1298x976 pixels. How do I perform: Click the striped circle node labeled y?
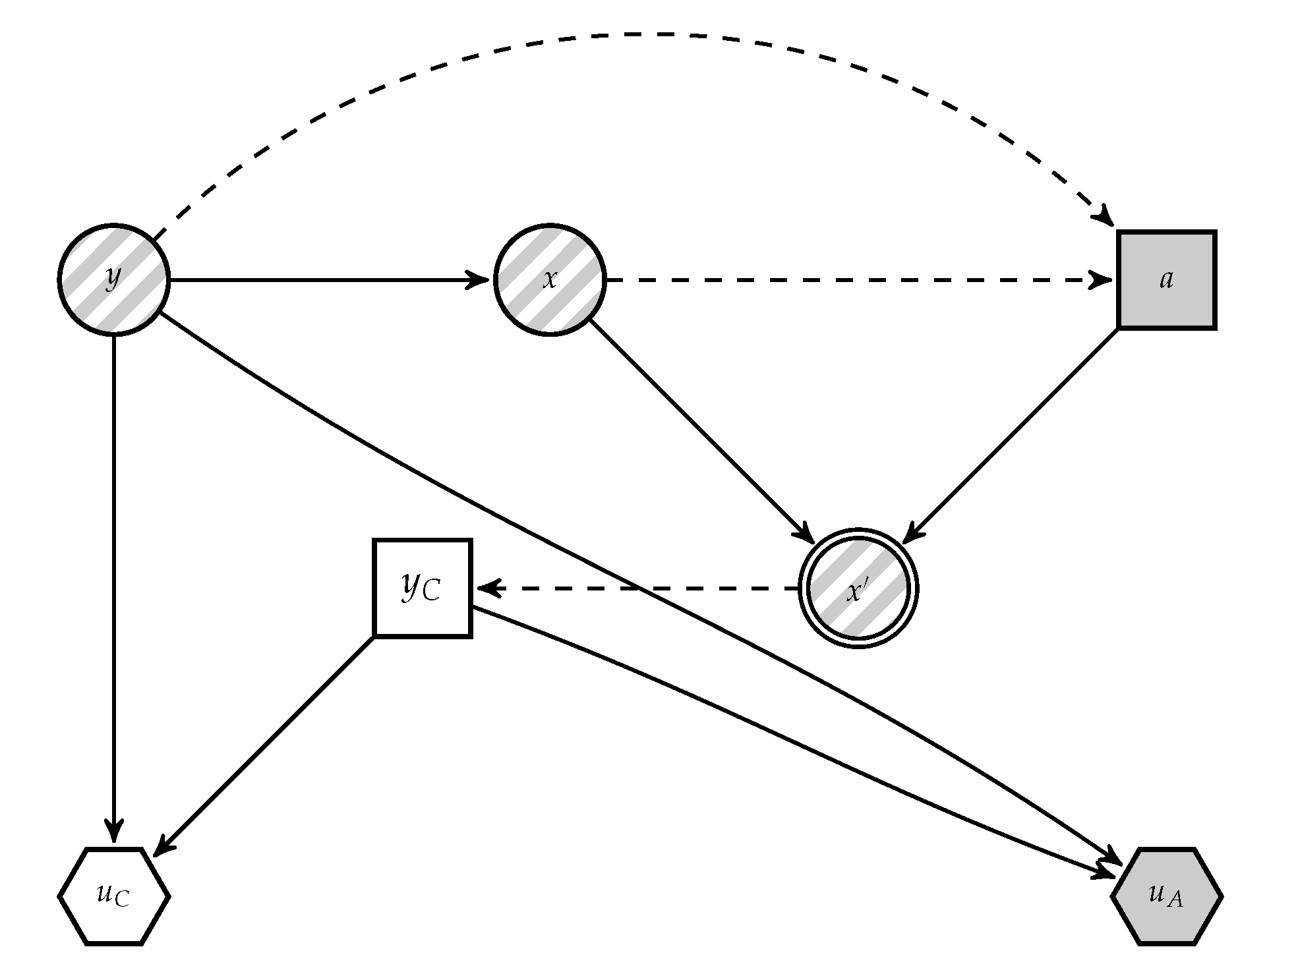point(114,279)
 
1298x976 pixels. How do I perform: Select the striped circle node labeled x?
point(550,279)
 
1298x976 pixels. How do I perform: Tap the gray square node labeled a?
point(1166,279)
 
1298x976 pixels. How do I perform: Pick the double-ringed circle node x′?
point(858,588)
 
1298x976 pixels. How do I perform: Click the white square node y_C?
point(423,588)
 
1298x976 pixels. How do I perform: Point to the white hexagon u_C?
point(114,896)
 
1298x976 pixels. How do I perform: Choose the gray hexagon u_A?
point(1166,896)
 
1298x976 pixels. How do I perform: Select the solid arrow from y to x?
point(330,279)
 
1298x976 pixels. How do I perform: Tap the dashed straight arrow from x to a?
point(857,279)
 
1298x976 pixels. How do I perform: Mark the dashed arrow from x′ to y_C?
point(639,588)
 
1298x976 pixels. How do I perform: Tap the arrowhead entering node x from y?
point(480,279)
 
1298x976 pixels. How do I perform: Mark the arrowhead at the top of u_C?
point(114,832)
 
